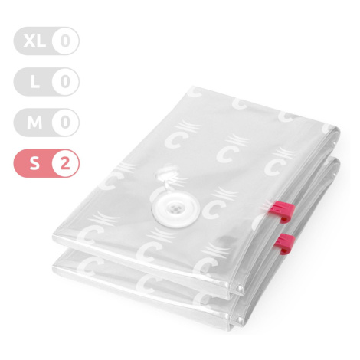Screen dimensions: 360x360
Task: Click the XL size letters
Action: [34, 41]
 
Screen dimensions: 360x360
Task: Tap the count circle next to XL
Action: [65, 41]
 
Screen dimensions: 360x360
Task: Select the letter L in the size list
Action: [34, 82]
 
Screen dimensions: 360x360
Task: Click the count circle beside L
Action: [65, 82]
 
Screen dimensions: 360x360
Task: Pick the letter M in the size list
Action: [34, 123]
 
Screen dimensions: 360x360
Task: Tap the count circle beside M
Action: [65, 123]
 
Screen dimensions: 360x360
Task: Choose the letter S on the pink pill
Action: [34, 163]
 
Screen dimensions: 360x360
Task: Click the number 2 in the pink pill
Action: [65, 163]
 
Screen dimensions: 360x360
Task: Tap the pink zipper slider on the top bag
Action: [284, 211]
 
